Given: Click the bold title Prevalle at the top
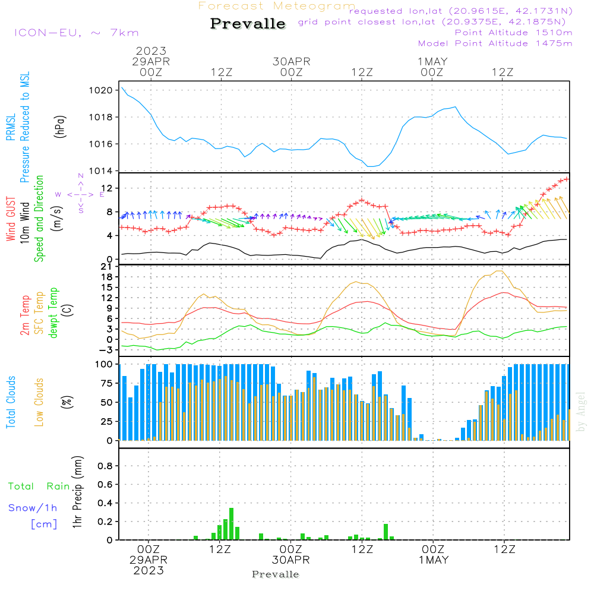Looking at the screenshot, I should point(248,24).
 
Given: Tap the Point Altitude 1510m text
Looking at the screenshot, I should point(514,33).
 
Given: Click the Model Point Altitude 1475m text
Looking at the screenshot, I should point(495,43).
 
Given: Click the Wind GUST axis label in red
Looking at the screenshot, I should point(11,220).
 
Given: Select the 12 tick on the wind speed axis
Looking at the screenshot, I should point(108,188).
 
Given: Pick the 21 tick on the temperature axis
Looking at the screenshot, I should point(108,266).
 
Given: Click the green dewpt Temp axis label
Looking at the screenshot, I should point(53,312).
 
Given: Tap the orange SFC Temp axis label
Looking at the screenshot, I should point(39,312).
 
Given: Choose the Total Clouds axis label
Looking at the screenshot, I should point(11,402).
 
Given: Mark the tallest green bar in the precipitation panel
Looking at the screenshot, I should point(231,524).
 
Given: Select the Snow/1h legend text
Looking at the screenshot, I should point(33,508).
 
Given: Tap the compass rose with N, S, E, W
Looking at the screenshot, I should point(80,194).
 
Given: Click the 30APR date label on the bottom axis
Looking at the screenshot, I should point(292,560).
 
